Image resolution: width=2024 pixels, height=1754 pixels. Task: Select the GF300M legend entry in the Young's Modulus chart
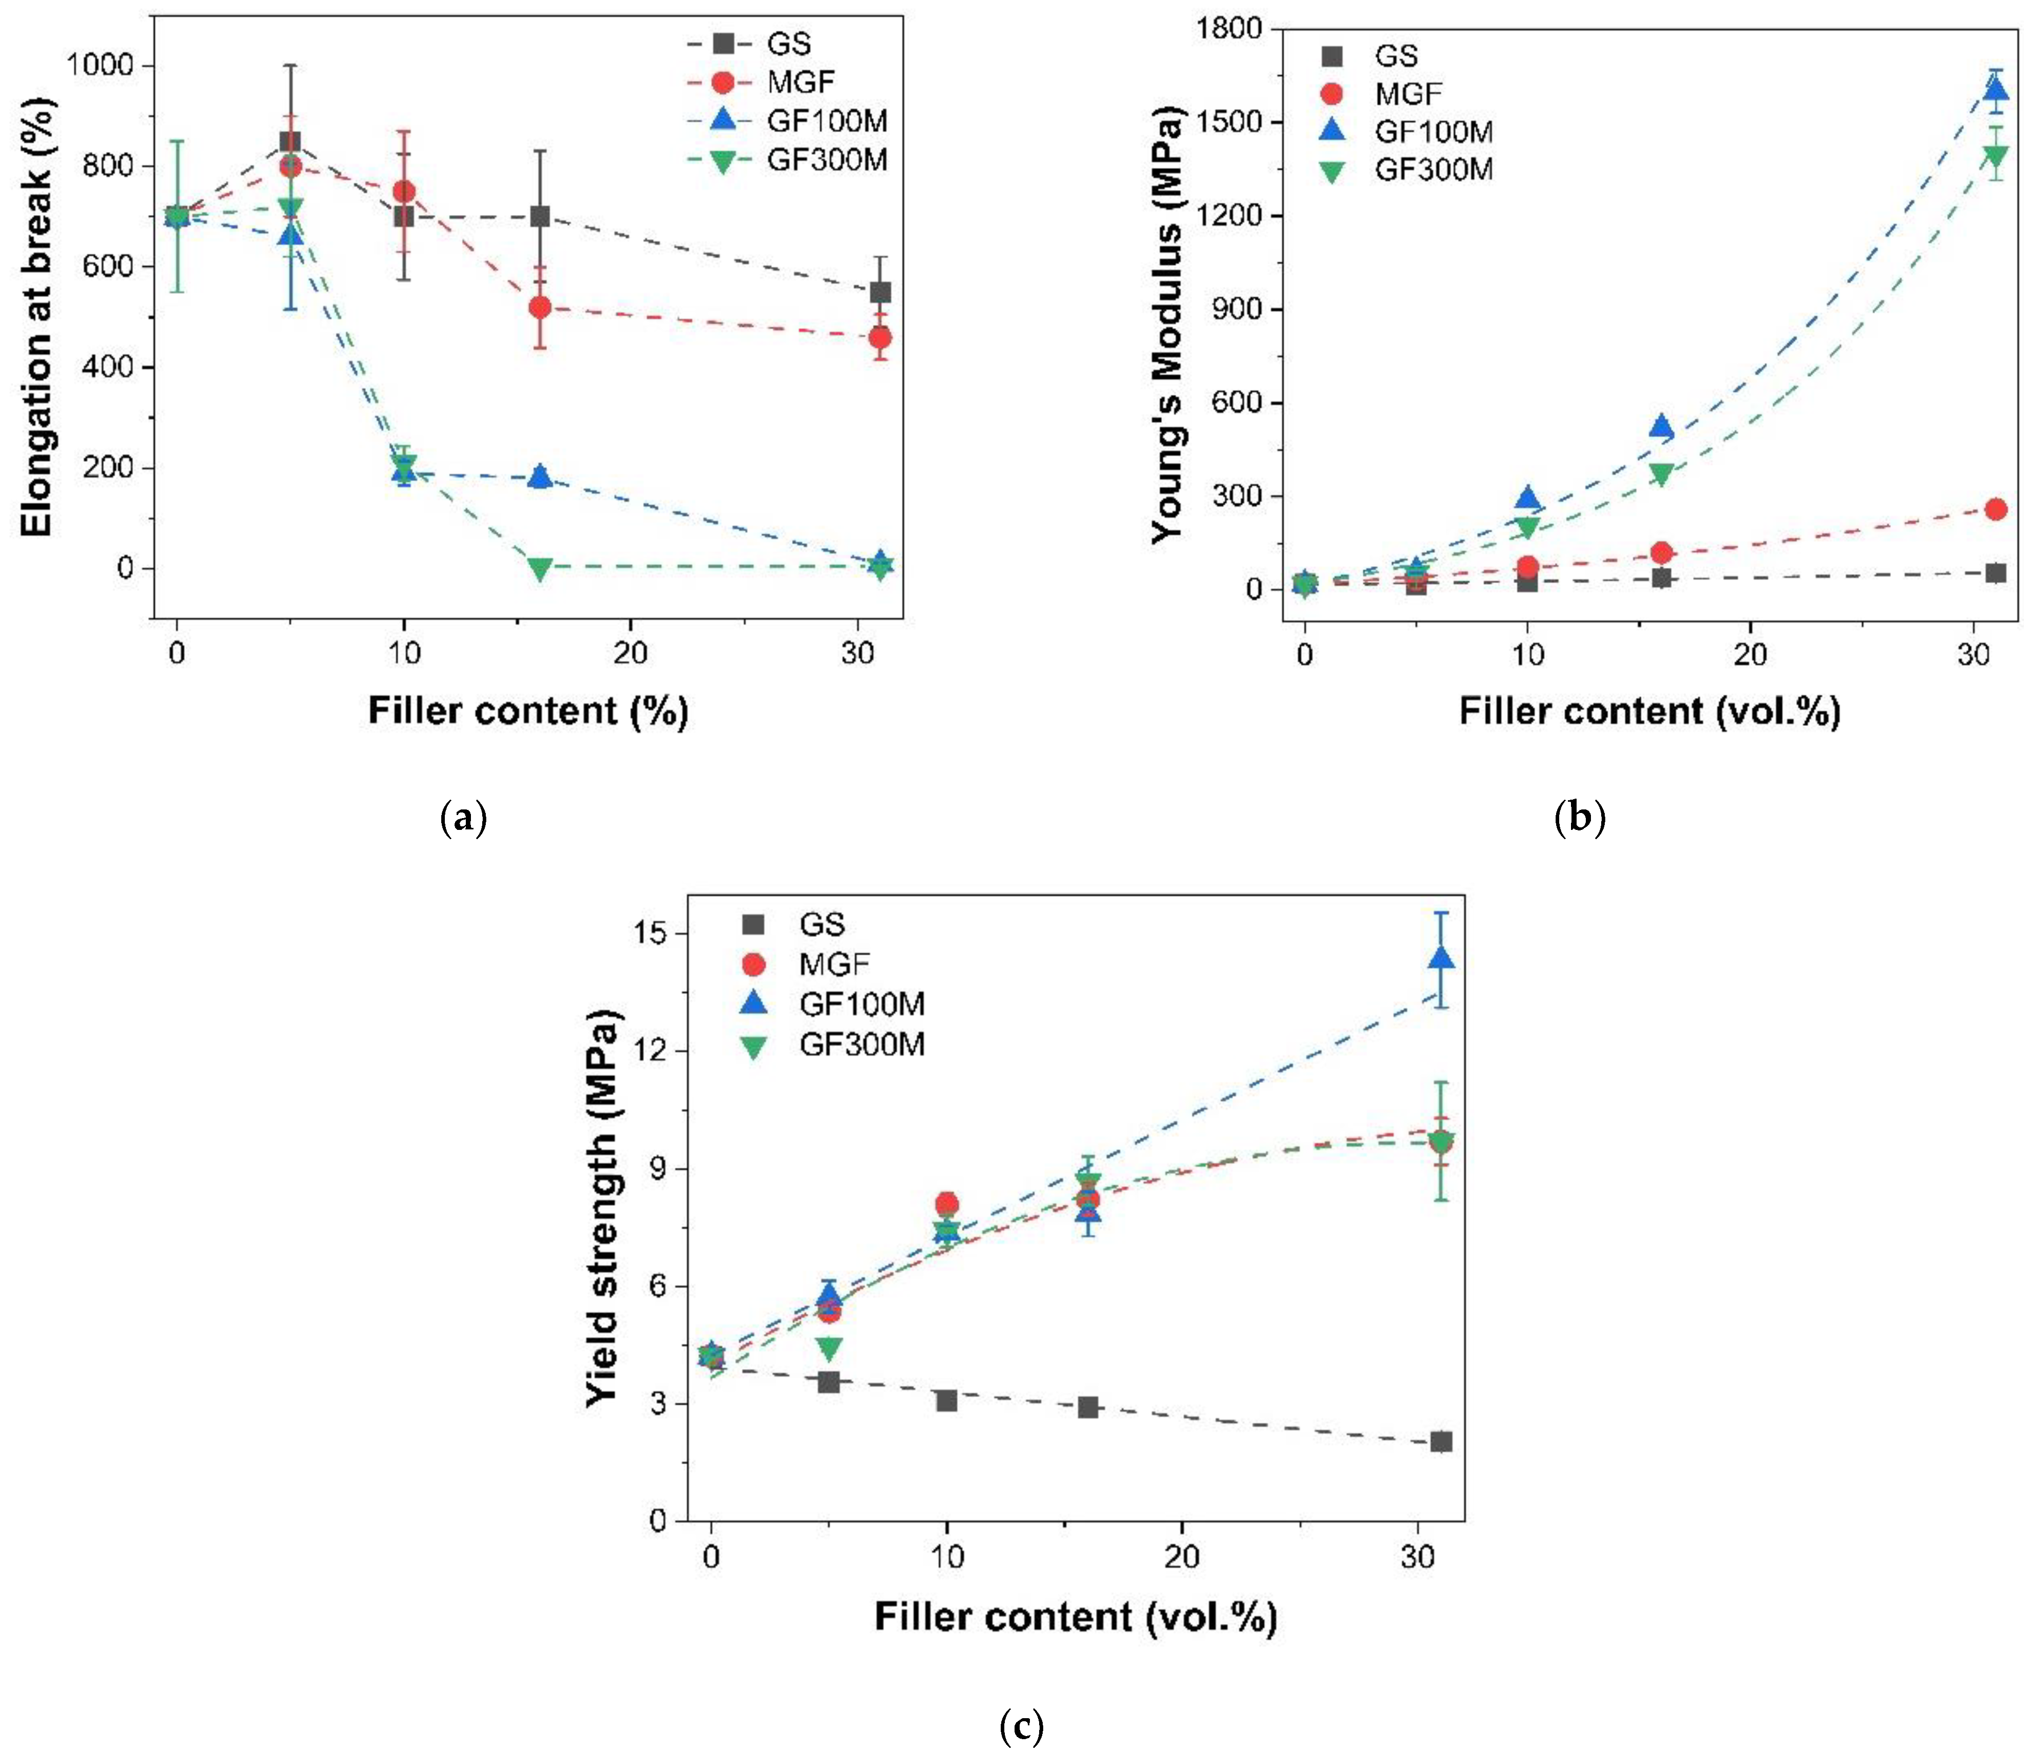[x=1434, y=169]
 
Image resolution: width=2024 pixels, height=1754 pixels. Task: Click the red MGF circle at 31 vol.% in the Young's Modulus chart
[x=1996, y=509]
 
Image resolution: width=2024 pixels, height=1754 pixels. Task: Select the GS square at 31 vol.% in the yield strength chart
[x=1440, y=1442]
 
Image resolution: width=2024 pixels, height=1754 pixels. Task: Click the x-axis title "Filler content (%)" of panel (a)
[x=528, y=711]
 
